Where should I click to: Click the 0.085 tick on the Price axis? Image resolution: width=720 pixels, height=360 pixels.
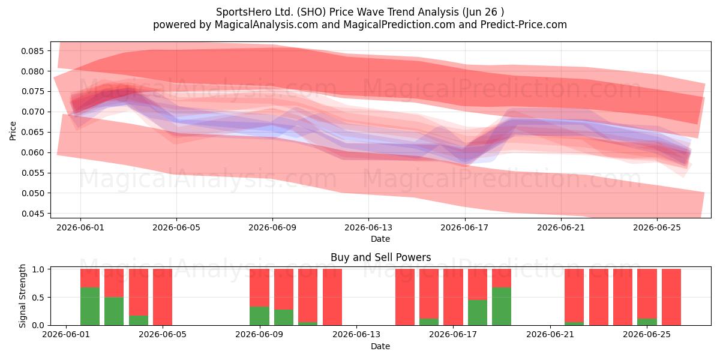click(32, 51)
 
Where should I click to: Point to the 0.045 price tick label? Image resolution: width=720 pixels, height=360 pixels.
click(32, 214)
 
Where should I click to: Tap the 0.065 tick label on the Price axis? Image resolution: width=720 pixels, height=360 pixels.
click(32, 133)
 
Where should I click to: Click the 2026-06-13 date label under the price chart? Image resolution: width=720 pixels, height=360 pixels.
click(368, 227)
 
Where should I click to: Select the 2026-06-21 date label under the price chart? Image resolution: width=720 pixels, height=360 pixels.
click(561, 227)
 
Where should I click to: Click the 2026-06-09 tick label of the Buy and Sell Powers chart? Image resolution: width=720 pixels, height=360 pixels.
click(259, 335)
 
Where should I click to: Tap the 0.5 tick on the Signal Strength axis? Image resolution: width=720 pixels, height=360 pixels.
click(38, 298)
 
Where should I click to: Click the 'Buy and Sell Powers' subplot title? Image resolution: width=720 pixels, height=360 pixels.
click(380, 257)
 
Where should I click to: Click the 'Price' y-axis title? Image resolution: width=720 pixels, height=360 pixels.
click(13, 131)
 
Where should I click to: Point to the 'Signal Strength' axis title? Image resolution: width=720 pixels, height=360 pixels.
click(22, 296)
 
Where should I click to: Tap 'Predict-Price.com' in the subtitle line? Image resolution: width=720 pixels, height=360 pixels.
click(524, 25)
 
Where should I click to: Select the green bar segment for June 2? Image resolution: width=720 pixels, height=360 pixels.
click(90, 307)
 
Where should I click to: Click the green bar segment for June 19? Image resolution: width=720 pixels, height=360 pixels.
click(502, 307)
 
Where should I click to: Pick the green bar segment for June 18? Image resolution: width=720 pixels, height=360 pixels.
click(478, 313)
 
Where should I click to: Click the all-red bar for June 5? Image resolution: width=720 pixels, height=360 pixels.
click(163, 297)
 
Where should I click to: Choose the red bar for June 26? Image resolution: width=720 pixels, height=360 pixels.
click(671, 297)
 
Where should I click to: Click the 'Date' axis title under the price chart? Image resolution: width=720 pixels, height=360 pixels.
click(380, 239)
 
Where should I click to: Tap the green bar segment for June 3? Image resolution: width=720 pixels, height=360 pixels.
click(114, 311)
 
